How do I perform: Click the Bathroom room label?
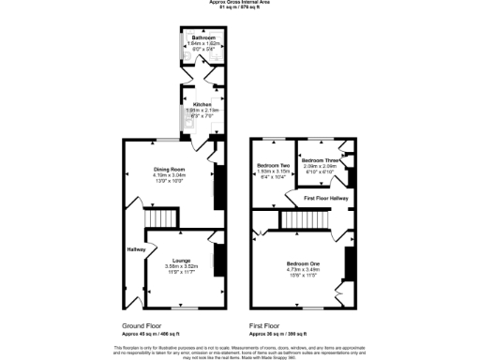pyautogui.click(x=203, y=38)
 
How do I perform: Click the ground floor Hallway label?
pyautogui.click(x=136, y=249)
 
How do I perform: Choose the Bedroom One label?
pyautogui.click(x=302, y=264)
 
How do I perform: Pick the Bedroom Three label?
pyautogui.click(x=322, y=160)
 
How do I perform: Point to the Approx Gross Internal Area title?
pyautogui.click(x=240, y=3)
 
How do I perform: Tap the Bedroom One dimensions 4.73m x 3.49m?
pyautogui.click(x=302, y=270)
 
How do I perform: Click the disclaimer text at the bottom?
pyautogui.click(x=240, y=350)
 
